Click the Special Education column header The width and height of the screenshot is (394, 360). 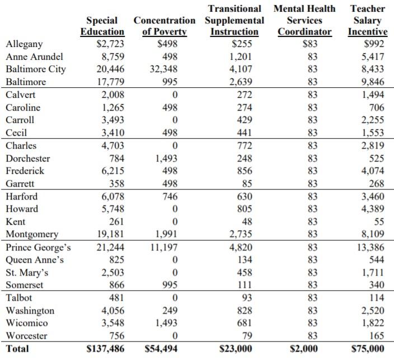coord(102,26)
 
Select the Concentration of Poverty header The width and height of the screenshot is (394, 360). coord(165,26)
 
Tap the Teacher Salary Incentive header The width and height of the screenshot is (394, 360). coord(368,20)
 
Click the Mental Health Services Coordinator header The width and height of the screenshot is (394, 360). coord(304,20)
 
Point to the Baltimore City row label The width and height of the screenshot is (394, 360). coord(36,69)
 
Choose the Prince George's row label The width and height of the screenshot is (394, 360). coord(38,248)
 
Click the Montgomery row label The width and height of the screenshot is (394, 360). coord(32,234)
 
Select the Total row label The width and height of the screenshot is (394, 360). coord(17,349)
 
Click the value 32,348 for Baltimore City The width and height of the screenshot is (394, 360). coord(163,69)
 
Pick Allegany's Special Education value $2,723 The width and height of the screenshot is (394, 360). coord(110,44)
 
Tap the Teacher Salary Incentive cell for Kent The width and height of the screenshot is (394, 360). coord(379,222)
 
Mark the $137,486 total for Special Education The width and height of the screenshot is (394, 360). coord(105,349)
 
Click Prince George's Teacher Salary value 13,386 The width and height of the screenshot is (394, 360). coord(370,248)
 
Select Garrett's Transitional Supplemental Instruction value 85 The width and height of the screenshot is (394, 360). coord(247,183)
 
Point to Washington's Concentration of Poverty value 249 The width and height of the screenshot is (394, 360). coord(170,311)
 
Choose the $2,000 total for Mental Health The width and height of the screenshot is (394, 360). coord(303,349)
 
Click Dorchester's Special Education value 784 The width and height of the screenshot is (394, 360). coord(117,158)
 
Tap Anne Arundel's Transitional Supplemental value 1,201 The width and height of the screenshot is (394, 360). coord(241,56)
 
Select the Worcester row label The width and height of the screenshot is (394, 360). coord(26,336)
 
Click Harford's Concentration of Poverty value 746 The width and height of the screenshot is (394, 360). coord(170,196)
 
